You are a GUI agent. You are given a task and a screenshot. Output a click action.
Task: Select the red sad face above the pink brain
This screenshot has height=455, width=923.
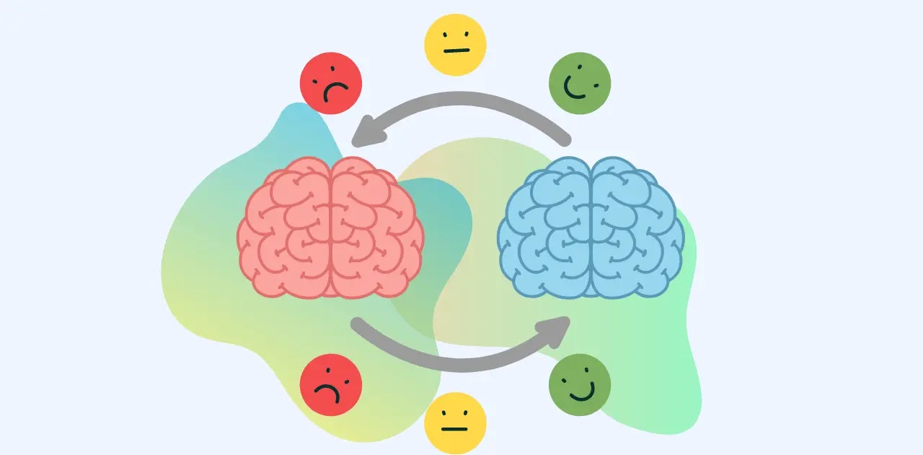coord(330,83)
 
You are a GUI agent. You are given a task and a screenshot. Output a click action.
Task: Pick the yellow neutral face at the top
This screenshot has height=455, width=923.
coord(455,44)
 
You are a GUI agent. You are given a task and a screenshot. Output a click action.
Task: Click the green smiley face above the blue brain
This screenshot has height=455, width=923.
coord(580,83)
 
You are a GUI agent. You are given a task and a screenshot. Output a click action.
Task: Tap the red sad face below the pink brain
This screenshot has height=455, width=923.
coord(330,384)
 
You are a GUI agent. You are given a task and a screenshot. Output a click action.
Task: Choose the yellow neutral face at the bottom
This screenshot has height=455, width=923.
coord(455,423)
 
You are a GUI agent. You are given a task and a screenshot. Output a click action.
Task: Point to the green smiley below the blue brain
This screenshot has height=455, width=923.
coord(580,384)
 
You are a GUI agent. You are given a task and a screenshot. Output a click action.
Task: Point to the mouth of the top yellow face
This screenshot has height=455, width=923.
coord(456,51)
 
